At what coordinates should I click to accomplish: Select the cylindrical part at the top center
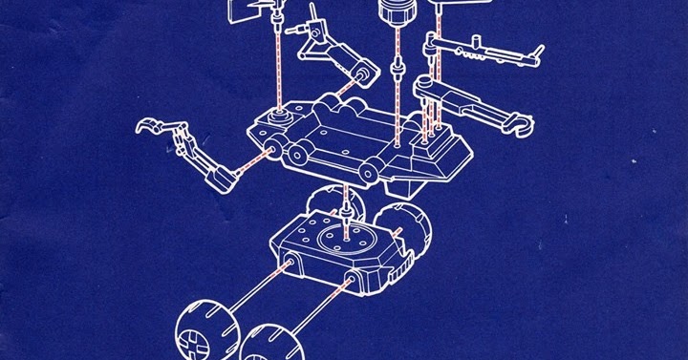(x=394, y=14)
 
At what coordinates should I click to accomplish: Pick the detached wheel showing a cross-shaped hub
(x=202, y=330)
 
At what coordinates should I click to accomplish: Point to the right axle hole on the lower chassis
(x=354, y=281)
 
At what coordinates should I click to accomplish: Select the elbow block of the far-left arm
(x=220, y=176)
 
